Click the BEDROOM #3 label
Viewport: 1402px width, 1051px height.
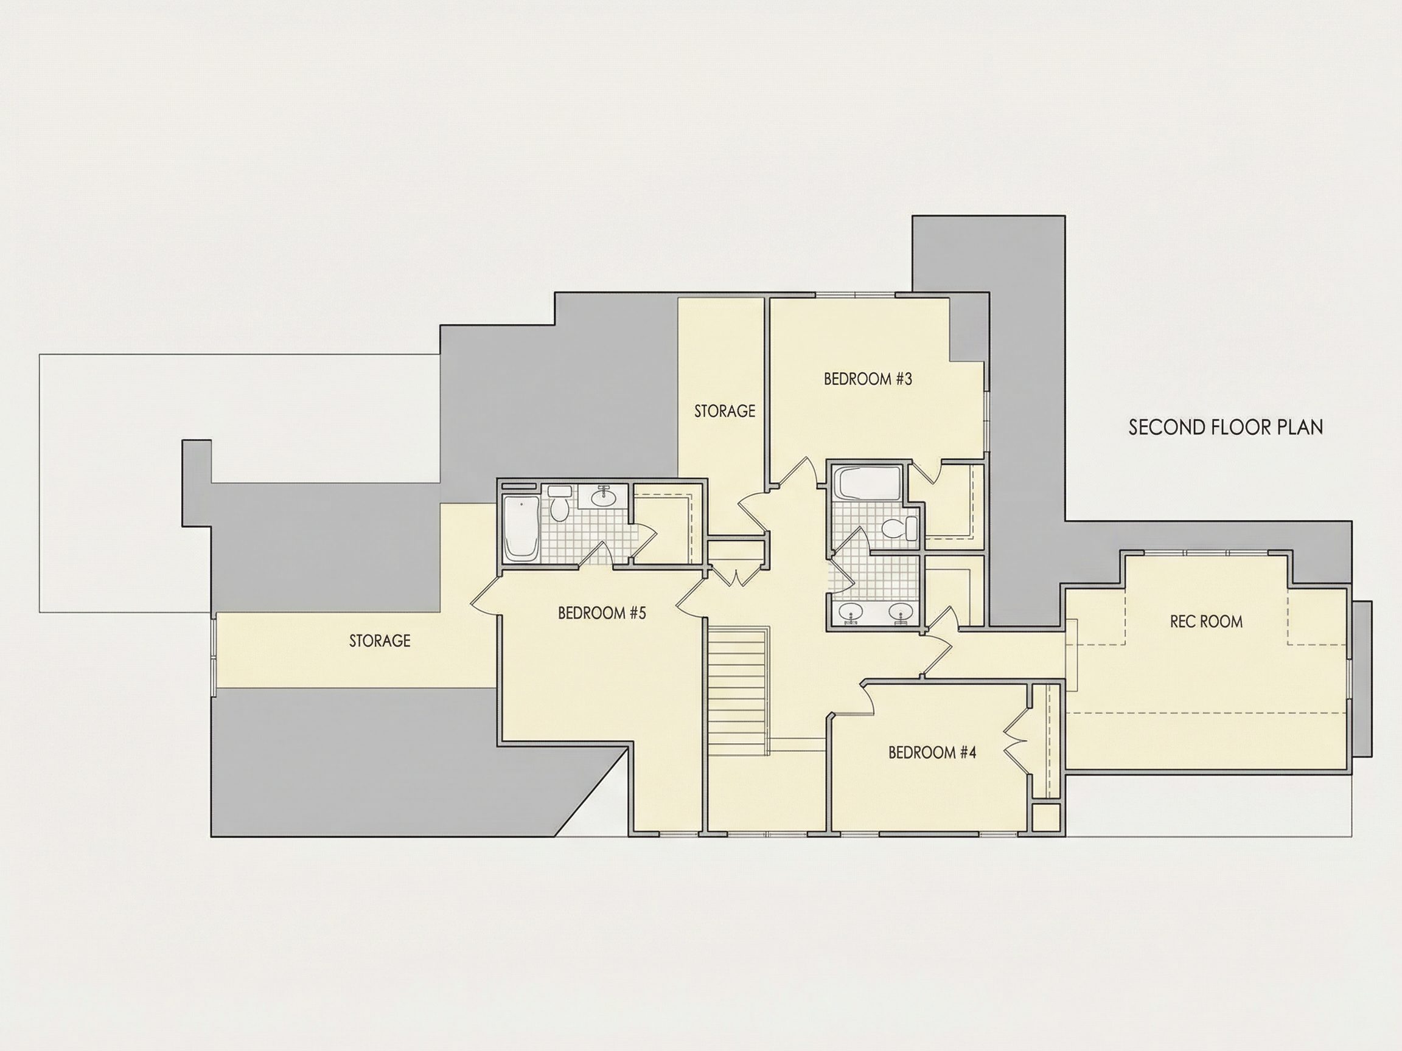(868, 379)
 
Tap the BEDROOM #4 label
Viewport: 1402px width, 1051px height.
(932, 752)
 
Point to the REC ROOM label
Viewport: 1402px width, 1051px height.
(1206, 622)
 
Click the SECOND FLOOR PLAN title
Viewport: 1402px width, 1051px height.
(1226, 427)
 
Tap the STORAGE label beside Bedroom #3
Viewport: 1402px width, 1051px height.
(725, 411)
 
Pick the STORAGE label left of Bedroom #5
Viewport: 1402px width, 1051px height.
(380, 641)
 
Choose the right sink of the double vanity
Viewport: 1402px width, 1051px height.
(901, 612)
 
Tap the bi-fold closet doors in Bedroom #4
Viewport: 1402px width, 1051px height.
(1017, 738)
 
